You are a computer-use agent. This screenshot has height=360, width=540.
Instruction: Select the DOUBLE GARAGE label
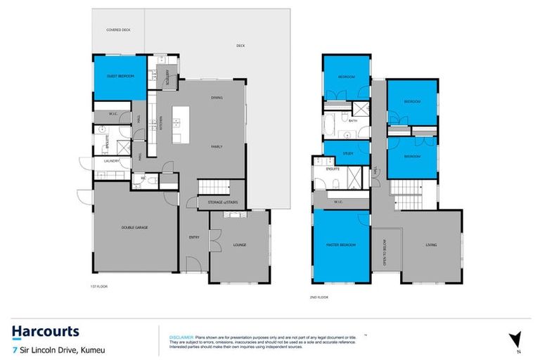click(x=134, y=227)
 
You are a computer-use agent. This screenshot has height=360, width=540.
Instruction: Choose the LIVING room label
click(x=431, y=245)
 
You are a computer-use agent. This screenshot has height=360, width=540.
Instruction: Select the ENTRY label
click(x=194, y=237)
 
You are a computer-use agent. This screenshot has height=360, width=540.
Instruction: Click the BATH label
click(x=353, y=120)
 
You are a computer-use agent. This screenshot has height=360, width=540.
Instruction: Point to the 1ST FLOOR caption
click(x=98, y=287)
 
